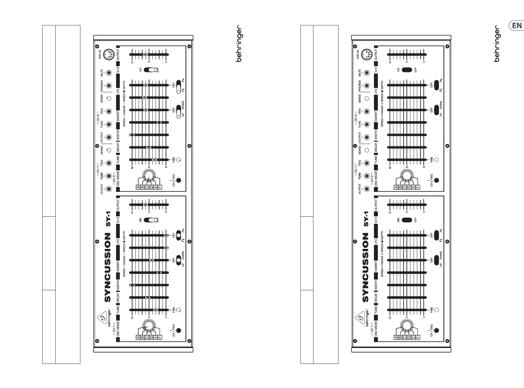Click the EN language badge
(517, 26)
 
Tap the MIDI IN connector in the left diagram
(108, 54)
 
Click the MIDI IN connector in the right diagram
(366, 54)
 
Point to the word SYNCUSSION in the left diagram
(108, 267)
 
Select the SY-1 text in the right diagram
(366, 219)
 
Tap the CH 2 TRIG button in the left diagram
(178, 180)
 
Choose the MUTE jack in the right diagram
(367, 73)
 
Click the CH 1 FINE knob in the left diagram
(178, 310)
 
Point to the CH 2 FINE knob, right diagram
(436, 160)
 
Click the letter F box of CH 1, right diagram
(418, 338)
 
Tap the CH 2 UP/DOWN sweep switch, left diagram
(178, 111)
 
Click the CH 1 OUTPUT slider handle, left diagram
(145, 205)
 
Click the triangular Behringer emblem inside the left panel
(102, 319)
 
